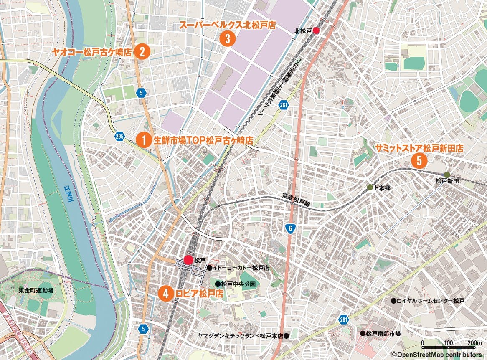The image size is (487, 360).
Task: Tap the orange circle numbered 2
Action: pyautogui.click(x=142, y=52)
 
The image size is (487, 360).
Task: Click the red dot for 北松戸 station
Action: pyautogui.click(x=316, y=30)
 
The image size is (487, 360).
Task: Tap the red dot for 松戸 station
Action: pyautogui.click(x=188, y=260)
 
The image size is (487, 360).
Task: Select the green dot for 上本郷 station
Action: pyautogui.click(x=370, y=188)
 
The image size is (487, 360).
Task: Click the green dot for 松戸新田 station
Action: pyautogui.click(x=447, y=175)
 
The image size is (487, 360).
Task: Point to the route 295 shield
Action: pyautogui.click(x=119, y=137)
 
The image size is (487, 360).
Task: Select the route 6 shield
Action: pyautogui.click(x=289, y=228)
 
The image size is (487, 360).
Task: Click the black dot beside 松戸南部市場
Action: pyautogui.click(x=363, y=333)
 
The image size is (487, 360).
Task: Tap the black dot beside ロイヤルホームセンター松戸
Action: pyautogui.click(x=393, y=301)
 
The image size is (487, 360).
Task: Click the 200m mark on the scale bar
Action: pyautogui.click(x=475, y=343)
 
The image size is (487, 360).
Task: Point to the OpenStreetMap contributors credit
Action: pyautogui.click(x=439, y=355)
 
